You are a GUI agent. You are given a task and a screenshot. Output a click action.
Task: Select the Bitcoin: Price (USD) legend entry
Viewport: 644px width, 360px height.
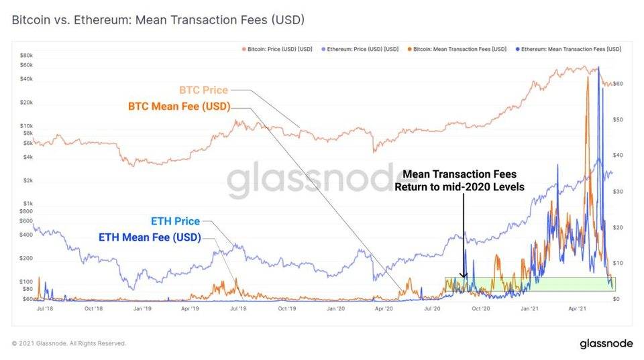277,49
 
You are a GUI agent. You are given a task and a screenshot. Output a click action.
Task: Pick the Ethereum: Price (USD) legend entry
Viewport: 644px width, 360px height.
360,49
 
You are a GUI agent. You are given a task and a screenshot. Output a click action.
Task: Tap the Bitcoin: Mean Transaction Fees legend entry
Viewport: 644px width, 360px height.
457,49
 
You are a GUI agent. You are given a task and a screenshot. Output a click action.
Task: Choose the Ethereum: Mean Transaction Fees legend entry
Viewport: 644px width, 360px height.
568,49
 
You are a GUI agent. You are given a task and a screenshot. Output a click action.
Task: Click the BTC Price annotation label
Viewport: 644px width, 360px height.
204,90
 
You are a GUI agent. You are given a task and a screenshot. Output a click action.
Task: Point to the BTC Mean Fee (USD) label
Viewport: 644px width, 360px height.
179,107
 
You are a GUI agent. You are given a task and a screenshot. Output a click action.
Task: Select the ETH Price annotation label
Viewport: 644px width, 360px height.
175,221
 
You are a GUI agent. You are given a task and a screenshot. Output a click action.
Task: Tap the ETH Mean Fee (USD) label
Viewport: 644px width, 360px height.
150,237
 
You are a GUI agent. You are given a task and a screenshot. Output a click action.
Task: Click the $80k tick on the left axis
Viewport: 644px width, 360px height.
26,56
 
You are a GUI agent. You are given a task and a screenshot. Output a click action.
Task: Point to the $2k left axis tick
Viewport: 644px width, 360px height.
28,180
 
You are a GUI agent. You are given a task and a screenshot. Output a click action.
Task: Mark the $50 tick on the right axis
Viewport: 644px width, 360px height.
617,120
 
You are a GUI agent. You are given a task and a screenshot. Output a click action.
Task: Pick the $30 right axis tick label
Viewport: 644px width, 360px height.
617,192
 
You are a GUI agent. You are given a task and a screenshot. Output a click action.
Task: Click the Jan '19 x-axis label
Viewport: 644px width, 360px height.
142,308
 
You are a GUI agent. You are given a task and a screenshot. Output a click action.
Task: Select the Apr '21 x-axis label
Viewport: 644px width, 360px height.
577,308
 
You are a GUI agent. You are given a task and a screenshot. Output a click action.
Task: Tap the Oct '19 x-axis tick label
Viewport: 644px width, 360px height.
286,308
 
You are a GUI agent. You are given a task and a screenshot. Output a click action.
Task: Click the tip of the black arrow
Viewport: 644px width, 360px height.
464,278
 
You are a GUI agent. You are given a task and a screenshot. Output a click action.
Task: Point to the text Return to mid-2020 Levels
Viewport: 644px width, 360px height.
460,187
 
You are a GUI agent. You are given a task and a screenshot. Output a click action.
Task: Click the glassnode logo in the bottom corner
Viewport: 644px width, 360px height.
606,343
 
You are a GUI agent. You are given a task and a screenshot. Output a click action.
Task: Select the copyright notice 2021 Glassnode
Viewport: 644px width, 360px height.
68,343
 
